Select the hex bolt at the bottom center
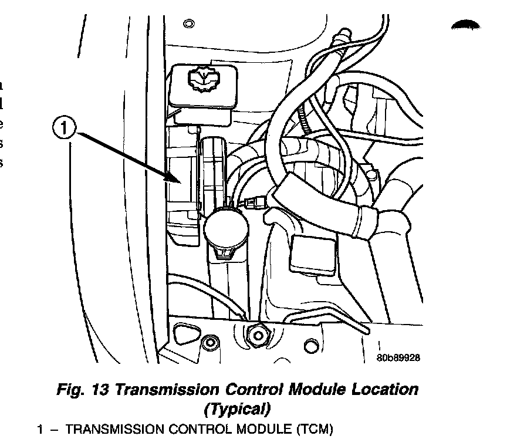256,335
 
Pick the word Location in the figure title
381,389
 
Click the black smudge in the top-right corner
465,25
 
